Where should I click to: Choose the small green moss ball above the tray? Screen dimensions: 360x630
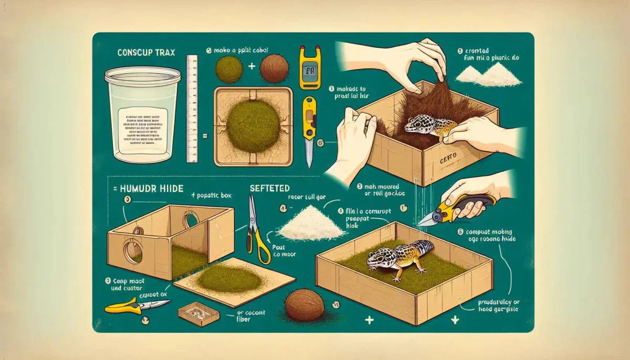point(229,70)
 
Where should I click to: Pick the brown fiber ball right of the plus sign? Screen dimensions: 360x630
point(274,69)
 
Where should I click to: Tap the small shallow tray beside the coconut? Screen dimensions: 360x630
point(198,314)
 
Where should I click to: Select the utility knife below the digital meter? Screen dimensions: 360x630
point(310,129)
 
